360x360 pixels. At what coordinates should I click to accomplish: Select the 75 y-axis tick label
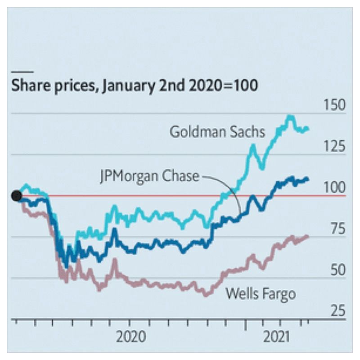pyautogui.click(x=336, y=229)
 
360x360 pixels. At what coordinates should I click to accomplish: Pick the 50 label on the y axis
pyautogui.click(x=336, y=270)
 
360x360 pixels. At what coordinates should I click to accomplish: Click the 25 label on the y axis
pyautogui.click(x=336, y=311)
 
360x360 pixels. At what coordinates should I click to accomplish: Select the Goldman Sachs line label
pyautogui.click(x=217, y=132)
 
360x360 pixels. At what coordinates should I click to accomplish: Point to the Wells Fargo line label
pyautogui.click(x=261, y=294)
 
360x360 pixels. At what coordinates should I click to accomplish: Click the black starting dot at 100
pyautogui.click(x=17, y=196)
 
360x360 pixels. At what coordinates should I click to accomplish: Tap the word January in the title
pyautogui.click(x=128, y=85)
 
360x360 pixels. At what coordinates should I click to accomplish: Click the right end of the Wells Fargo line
pyautogui.click(x=308, y=236)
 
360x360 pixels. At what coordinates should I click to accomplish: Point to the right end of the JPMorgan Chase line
pyautogui.click(x=308, y=179)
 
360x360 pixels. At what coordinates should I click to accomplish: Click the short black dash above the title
pyautogui.click(x=22, y=71)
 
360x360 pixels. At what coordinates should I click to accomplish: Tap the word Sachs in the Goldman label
pyautogui.click(x=248, y=132)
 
